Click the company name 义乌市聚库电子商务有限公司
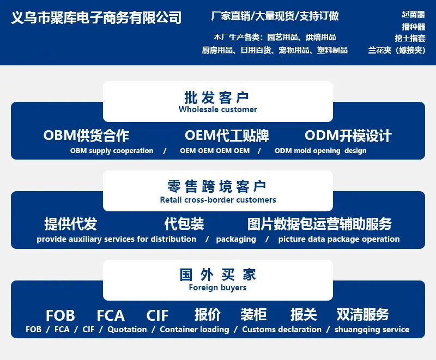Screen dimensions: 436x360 coord(96,17)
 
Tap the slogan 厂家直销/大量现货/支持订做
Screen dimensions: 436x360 coord(275,16)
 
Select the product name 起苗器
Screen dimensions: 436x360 coord(413,15)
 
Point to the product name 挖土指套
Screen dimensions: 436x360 coord(410,38)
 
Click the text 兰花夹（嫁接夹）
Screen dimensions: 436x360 coord(397,50)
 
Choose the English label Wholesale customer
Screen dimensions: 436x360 coord(217,109)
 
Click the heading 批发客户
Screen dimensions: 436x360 coord(216,97)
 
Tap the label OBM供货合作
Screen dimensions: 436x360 coord(86,136)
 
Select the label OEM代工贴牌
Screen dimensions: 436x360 coord(227,136)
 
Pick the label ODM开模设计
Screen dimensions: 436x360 coord(348,136)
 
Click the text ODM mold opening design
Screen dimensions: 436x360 coord(320,150)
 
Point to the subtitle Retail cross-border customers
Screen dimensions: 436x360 coord(218,200)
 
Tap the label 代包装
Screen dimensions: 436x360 coord(184,224)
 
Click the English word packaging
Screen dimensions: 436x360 coord(236,239)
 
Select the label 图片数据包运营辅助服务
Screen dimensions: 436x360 coord(319,224)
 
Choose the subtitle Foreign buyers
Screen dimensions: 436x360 coord(217,288)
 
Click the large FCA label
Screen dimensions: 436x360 coord(111,315)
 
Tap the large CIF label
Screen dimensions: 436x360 coord(158,315)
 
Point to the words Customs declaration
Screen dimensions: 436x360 coord(282,330)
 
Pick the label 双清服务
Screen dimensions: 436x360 coord(362,314)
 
